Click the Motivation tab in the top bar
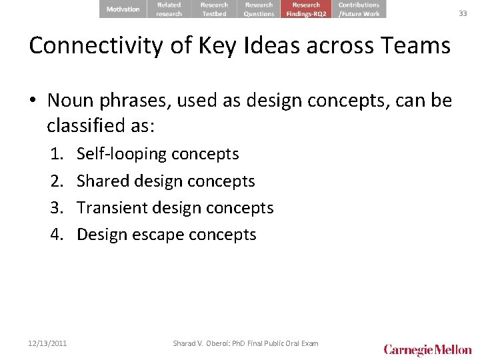click(x=123, y=9)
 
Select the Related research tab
click(x=169, y=9)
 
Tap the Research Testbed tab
click(x=214, y=9)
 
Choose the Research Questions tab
click(x=259, y=9)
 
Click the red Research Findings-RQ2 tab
click(x=306, y=9)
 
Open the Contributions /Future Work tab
click(x=359, y=9)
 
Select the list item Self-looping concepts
click(x=157, y=154)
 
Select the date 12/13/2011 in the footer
click(x=48, y=343)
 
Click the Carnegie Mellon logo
click(x=427, y=349)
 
